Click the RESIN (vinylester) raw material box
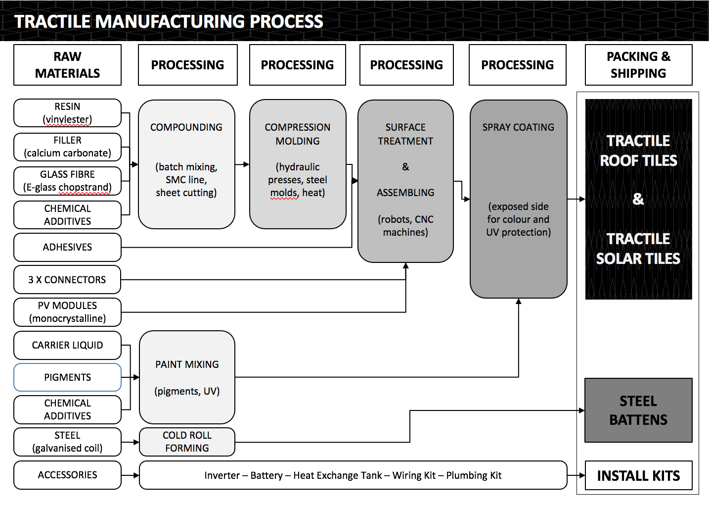click(67, 113)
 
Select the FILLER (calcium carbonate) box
click(67, 147)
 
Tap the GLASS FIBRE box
click(67, 181)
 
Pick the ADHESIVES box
click(67, 247)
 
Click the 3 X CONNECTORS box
click(67, 280)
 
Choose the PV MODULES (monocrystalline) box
click(67, 312)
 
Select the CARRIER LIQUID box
click(67, 345)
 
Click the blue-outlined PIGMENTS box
click(67, 377)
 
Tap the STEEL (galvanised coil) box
click(67, 442)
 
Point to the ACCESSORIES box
click(67, 475)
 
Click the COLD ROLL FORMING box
click(187, 442)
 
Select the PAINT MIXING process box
click(187, 377)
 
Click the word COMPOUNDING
click(186, 127)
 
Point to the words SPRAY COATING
click(518, 127)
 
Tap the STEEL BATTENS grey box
click(638, 410)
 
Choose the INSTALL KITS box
click(638, 476)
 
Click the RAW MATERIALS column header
click(67, 65)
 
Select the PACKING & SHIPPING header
click(638, 65)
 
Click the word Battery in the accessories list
click(266, 475)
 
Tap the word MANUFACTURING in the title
click(171, 22)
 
